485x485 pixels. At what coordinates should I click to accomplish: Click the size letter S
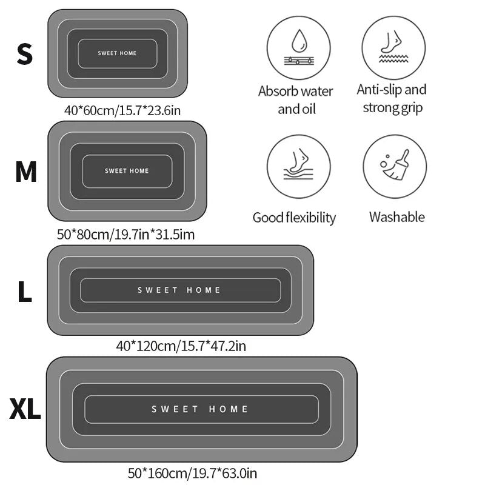24,54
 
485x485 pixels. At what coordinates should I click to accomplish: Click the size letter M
26,173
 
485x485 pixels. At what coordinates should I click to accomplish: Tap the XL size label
25,410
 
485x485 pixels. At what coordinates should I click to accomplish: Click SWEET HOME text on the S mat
118,53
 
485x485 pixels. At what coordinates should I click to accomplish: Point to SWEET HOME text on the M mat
127,171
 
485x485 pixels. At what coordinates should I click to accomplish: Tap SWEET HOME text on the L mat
179,290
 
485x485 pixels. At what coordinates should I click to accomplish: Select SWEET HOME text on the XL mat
200,409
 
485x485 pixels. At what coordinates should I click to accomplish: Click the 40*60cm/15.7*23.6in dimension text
123,110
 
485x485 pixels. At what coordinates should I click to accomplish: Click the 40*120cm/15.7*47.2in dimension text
181,346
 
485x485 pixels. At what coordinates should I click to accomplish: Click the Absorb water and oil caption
296,100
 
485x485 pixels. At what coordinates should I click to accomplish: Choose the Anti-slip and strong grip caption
392,99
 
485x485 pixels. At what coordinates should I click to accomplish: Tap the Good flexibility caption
294,218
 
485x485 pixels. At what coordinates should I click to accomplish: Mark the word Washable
396,217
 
